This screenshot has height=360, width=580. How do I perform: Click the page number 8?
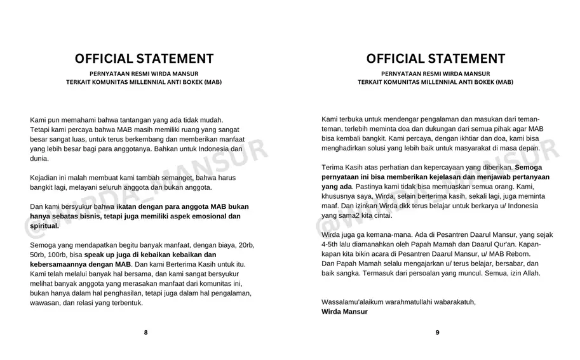pyautogui.click(x=145, y=332)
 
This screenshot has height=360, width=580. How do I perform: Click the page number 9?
pyautogui.click(x=437, y=332)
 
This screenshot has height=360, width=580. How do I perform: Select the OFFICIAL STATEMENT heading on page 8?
pyautogui.click(x=144, y=59)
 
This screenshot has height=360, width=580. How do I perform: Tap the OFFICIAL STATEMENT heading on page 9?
pyautogui.click(x=436, y=59)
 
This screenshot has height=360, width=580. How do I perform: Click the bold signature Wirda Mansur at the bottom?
pyautogui.click(x=344, y=312)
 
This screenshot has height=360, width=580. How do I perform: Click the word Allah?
pyautogui.click(x=529, y=273)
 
